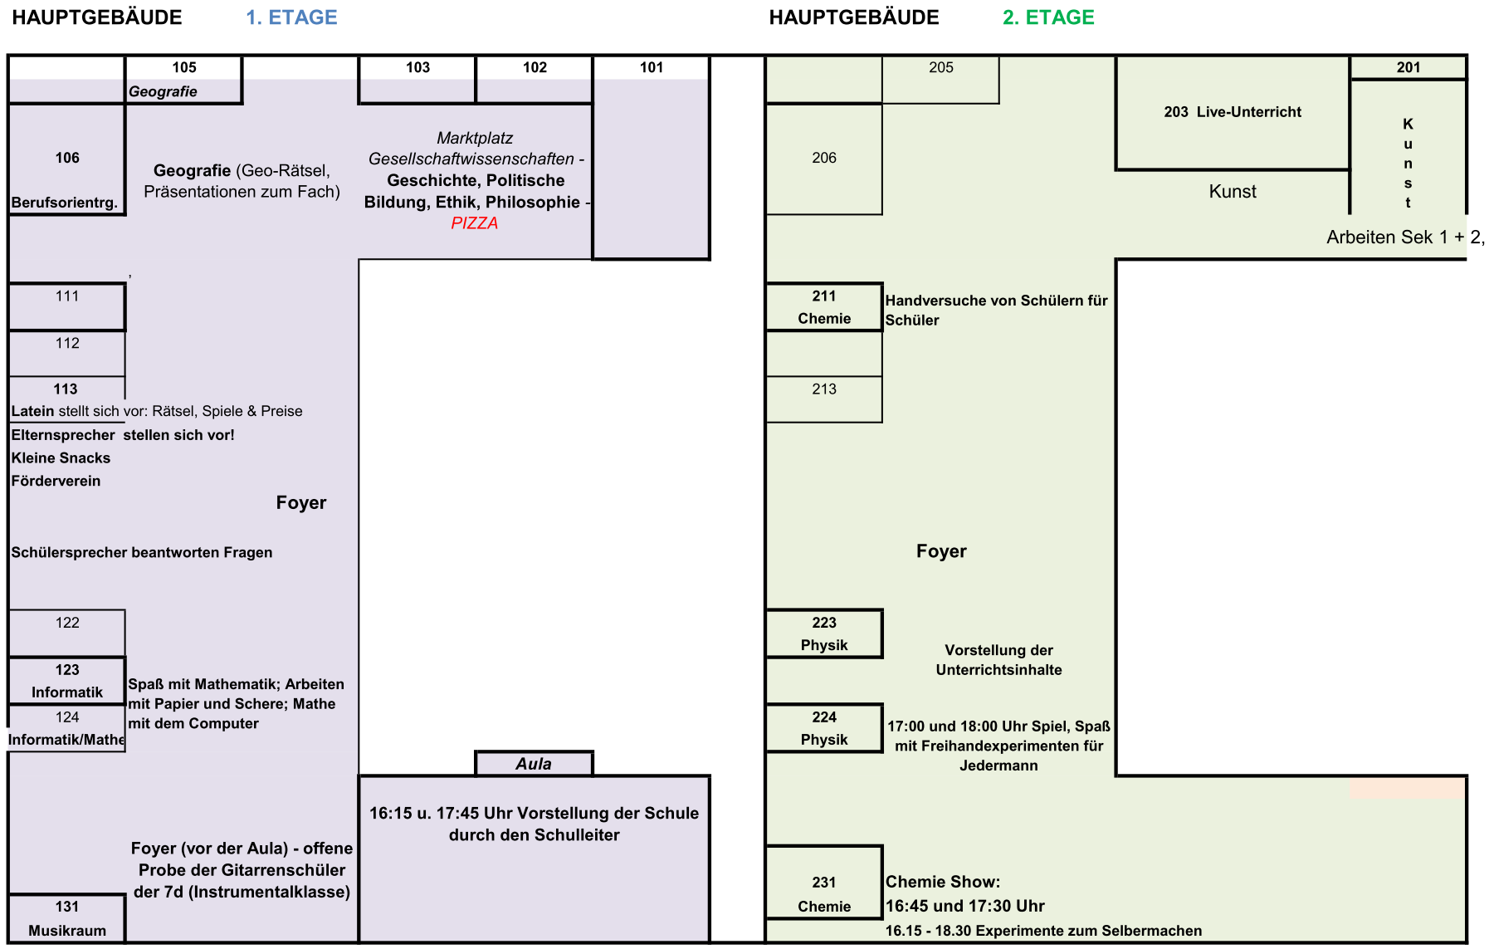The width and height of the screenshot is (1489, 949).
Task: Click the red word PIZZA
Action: [x=474, y=223]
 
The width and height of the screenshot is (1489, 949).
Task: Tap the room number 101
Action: [x=652, y=67]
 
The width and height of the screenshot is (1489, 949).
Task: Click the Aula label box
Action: [x=534, y=764]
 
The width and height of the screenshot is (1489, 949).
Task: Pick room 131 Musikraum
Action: [x=66, y=918]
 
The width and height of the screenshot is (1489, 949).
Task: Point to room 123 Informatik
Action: [x=66, y=681]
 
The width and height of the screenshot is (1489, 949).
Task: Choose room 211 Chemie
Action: [x=823, y=307]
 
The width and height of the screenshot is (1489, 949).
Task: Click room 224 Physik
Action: [x=823, y=728]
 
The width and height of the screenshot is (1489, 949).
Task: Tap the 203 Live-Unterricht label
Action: [x=1232, y=112]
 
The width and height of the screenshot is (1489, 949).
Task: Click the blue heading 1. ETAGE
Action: [x=291, y=17]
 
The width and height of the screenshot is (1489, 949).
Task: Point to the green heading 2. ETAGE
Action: [x=1048, y=17]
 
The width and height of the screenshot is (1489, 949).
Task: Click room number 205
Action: [x=940, y=67]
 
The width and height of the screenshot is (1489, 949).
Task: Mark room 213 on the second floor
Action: [x=823, y=389]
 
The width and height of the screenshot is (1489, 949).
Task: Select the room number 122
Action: [x=67, y=623]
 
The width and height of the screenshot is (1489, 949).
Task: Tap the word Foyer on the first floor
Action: [x=301, y=503]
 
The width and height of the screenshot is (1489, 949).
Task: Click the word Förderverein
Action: [x=56, y=481]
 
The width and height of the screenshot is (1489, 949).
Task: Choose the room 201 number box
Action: [x=1408, y=67]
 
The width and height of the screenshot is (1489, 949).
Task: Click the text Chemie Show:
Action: [x=942, y=882]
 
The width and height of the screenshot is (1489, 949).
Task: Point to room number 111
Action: [x=67, y=296]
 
